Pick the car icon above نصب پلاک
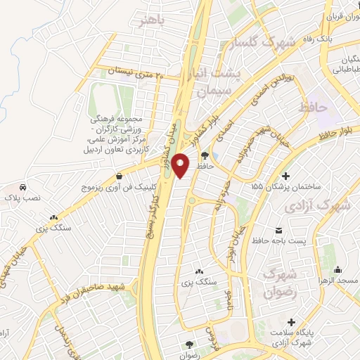click(x=24, y=187)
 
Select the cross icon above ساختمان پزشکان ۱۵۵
click(x=285, y=176)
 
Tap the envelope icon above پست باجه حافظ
click(x=279, y=231)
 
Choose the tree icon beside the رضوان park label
click(x=188, y=344)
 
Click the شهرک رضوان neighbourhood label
click(x=276, y=281)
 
